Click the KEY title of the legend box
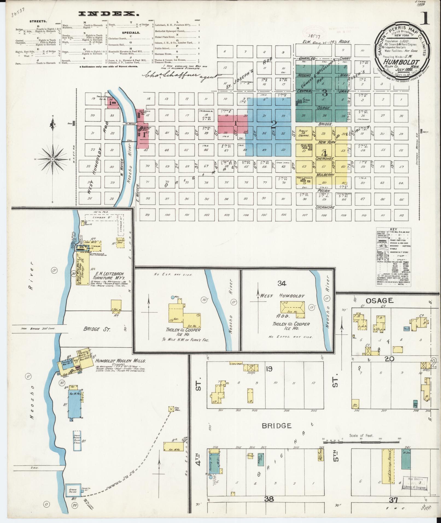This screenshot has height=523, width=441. (x=394, y=229)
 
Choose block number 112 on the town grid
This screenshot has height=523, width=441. (x=401, y=215)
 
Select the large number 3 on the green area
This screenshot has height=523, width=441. (x=325, y=93)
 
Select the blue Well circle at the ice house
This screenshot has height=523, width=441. (x=172, y=297)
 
